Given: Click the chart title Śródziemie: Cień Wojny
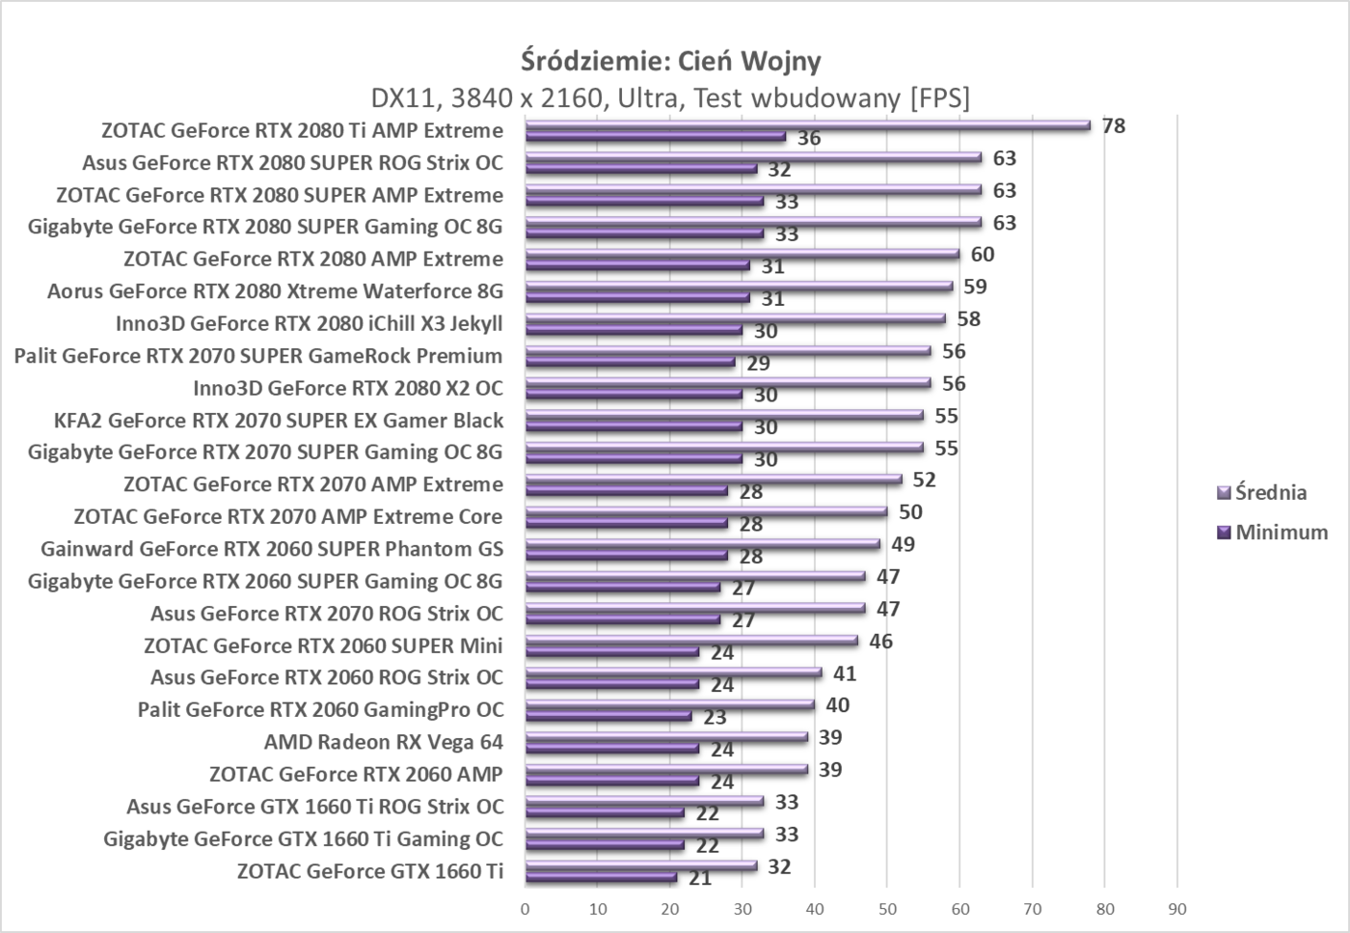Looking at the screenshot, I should pyautogui.click(x=671, y=61).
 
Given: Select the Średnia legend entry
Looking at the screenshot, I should pyautogui.click(x=1262, y=493).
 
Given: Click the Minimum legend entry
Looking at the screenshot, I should pyautogui.click(x=1272, y=533).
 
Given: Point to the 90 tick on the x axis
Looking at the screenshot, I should pyautogui.click(x=1176, y=909).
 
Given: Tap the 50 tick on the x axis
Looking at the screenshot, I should pyautogui.click(x=887, y=909).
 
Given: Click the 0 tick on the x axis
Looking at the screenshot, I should pyautogui.click(x=526, y=909).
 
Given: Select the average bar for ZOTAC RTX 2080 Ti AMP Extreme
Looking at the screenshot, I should pyautogui.click(x=807, y=124).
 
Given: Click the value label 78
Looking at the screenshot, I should pyautogui.click(x=1114, y=126).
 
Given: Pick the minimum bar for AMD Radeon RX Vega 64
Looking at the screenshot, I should pyautogui.click(x=611, y=749).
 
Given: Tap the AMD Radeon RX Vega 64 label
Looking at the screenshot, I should pyautogui.click(x=383, y=742).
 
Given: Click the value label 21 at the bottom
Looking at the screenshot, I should pyautogui.click(x=700, y=879).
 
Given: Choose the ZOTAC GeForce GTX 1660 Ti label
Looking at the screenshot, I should pyautogui.click(x=369, y=871).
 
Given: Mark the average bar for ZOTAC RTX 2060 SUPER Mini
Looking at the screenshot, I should pyautogui.click(x=691, y=640).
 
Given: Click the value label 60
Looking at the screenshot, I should pyautogui.click(x=983, y=255).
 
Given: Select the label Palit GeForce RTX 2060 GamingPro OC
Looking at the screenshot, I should pyautogui.click(x=320, y=710).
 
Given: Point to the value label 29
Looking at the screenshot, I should pyautogui.click(x=758, y=364).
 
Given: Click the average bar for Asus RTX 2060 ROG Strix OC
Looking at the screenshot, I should pyautogui.click(x=673, y=672).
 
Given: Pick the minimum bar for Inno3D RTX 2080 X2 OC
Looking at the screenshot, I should pyautogui.click(x=634, y=395).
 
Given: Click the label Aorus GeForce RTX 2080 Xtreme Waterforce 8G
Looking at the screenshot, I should pyautogui.click(x=275, y=291).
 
